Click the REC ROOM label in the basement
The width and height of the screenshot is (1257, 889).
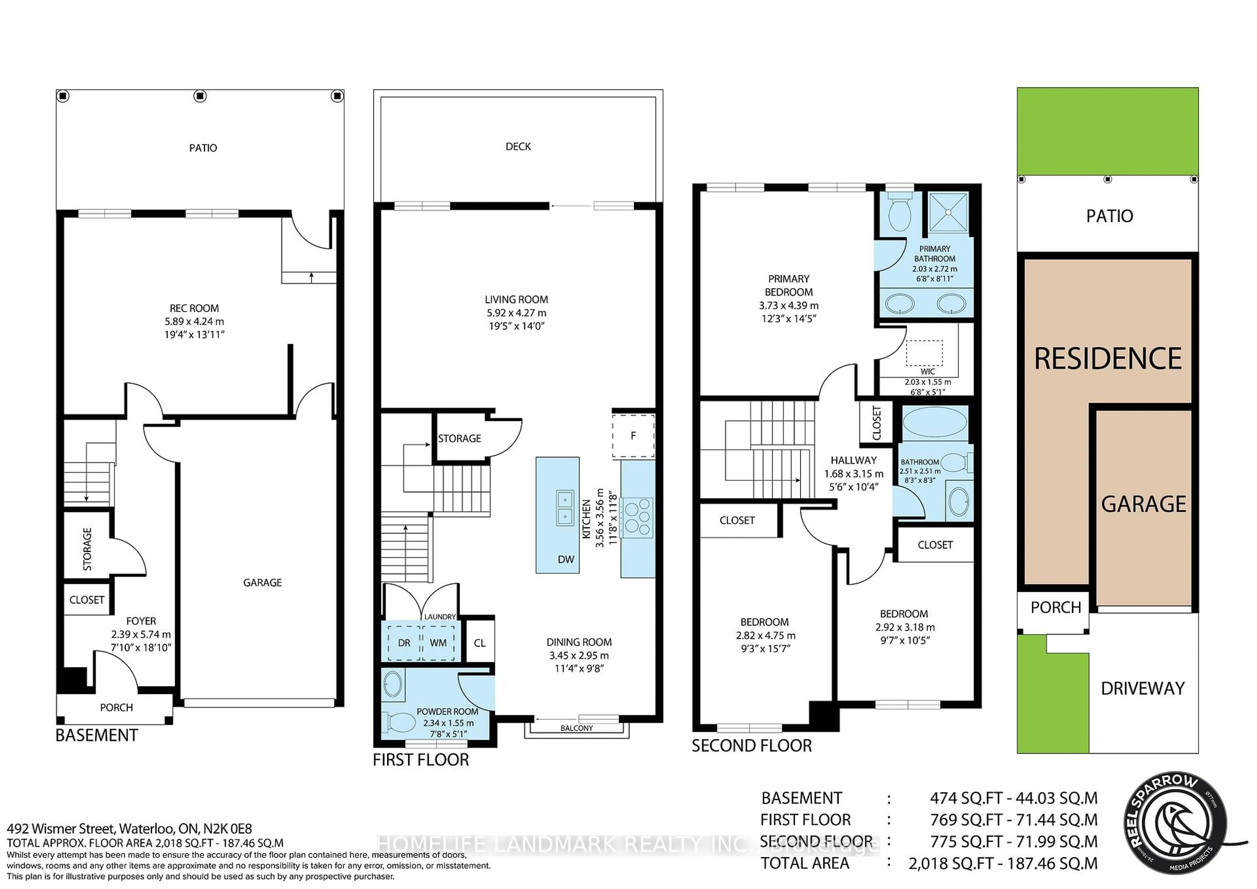[x=194, y=308]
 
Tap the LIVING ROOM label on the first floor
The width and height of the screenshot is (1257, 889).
[x=516, y=299]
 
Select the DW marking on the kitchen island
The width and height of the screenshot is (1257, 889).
[x=566, y=559]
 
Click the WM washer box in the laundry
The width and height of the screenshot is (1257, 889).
[x=438, y=643]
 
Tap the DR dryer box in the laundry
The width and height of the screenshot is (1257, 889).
[x=404, y=643]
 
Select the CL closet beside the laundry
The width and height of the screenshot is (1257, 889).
[x=480, y=643]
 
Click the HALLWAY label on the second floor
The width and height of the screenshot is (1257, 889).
[x=853, y=460]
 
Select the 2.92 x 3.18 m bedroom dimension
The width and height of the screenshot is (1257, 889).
[x=904, y=627]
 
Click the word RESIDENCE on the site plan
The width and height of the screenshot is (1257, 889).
[x=1108, y=359]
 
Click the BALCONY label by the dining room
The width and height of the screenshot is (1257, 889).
[x=576, y=728]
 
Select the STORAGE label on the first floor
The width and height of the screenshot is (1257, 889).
[x=459, y=439]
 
